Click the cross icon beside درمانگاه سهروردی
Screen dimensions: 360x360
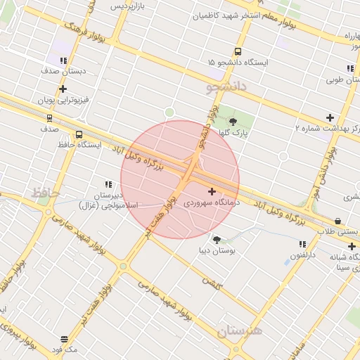212,191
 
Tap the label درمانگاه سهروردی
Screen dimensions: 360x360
209,202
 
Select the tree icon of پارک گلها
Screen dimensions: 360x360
233,121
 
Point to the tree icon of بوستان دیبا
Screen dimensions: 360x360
216,240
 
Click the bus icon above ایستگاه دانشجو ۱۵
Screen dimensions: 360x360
238,51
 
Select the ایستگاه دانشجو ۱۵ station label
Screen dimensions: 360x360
238,63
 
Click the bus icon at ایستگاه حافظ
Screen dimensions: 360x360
78,134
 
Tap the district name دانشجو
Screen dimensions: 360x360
227,87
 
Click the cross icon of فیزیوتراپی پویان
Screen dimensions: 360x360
63,89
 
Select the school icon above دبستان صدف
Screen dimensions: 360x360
63,60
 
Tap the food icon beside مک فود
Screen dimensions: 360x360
65,338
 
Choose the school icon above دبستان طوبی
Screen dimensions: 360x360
349,68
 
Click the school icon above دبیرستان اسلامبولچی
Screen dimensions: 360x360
108,184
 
